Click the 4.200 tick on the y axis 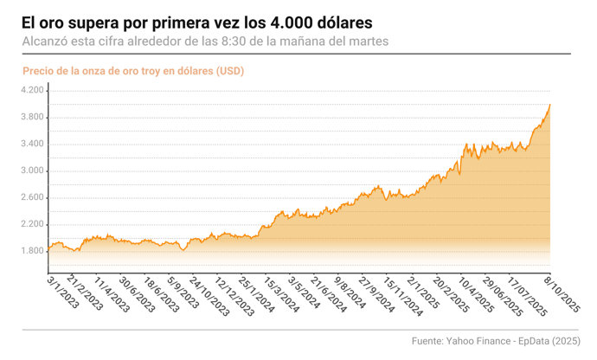click(32, 90)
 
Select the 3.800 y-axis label click(32, 117)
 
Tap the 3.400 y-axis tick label click(32, 144)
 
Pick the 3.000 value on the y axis click(32, 170)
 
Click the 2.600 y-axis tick click(32, 197)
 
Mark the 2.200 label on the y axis click(32, 224)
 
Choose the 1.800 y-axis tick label click(32, 251)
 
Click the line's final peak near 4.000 click(550, 105)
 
